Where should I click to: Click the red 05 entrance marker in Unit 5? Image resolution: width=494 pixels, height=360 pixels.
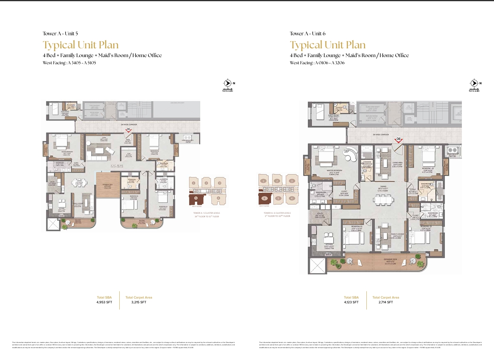(128, 130)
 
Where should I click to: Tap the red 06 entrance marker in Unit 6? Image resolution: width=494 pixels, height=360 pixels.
(399, 139)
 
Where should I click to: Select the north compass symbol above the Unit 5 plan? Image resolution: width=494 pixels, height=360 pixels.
(228, 83)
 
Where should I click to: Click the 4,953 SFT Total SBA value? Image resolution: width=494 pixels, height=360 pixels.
(104, 302)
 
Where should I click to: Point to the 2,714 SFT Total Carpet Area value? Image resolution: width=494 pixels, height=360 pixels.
(385, 302)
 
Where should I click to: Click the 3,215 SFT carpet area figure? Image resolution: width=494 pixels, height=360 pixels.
(138, 302)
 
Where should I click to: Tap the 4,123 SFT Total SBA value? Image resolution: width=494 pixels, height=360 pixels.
(351, 302)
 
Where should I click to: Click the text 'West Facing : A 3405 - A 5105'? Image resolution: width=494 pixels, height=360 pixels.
(69, 63)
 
